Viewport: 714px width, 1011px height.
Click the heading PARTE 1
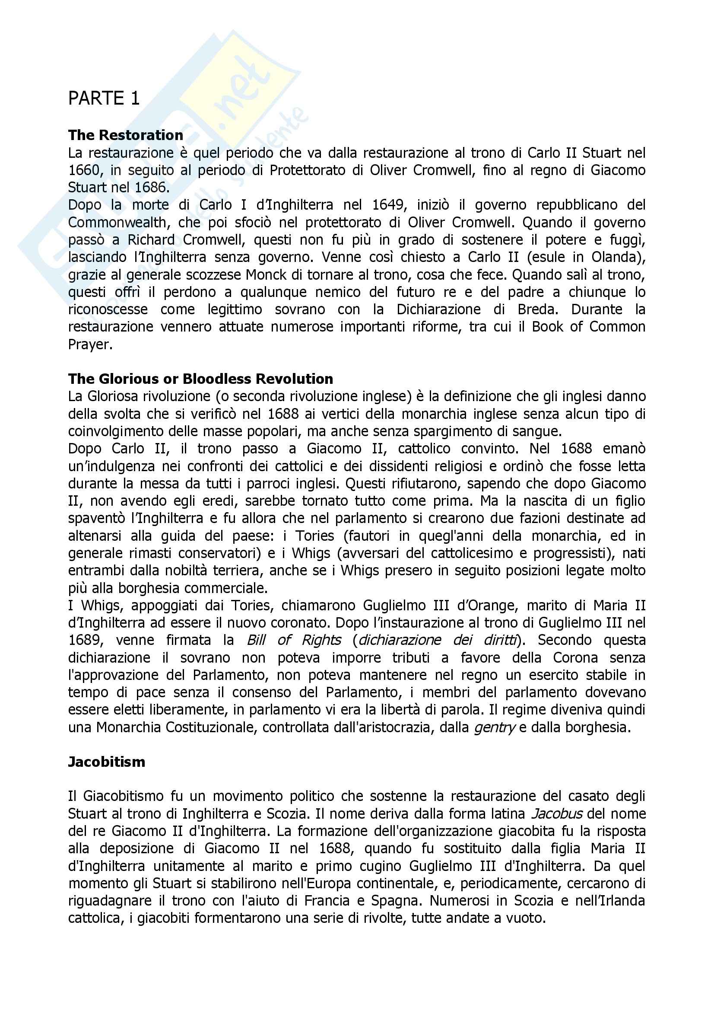coord(104,98)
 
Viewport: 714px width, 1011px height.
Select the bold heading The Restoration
coord(125,135)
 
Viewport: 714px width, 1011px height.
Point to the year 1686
coord(151,188)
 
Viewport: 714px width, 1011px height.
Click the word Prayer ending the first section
coord(90,344)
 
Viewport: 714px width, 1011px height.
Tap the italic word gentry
coord(495,727)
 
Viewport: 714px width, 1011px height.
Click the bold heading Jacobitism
coord(106,762)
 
